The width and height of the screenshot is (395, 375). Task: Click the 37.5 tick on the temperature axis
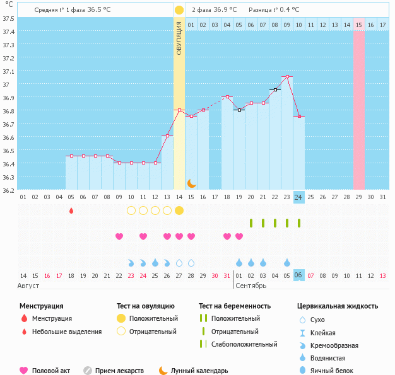(8, 18)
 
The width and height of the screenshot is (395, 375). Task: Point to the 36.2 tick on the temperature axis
(8, 190)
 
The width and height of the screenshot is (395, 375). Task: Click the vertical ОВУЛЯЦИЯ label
(179, 38)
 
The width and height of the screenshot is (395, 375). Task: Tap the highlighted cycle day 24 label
(299, 197)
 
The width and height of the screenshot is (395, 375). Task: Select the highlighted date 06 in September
(299, 275)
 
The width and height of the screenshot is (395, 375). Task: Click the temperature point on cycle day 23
(287, 77)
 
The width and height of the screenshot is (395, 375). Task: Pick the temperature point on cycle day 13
(167, 136)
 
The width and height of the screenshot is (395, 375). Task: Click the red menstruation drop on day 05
(71, 211)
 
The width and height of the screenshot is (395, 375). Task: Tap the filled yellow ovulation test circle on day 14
(179, 211)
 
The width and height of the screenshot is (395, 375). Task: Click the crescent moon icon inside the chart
(191, 183)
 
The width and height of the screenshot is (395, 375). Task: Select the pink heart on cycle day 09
(119, 236)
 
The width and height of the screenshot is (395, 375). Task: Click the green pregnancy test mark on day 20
(251, 223)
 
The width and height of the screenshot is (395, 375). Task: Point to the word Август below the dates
(29, 286)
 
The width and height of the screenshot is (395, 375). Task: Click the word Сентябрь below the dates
(251, 286)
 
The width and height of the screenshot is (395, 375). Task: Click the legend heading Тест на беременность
(235, 306)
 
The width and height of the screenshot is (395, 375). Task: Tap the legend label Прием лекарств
(119, 371)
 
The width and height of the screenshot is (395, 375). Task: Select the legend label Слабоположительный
(244, 344)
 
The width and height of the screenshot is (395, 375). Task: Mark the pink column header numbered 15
(359, 25)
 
